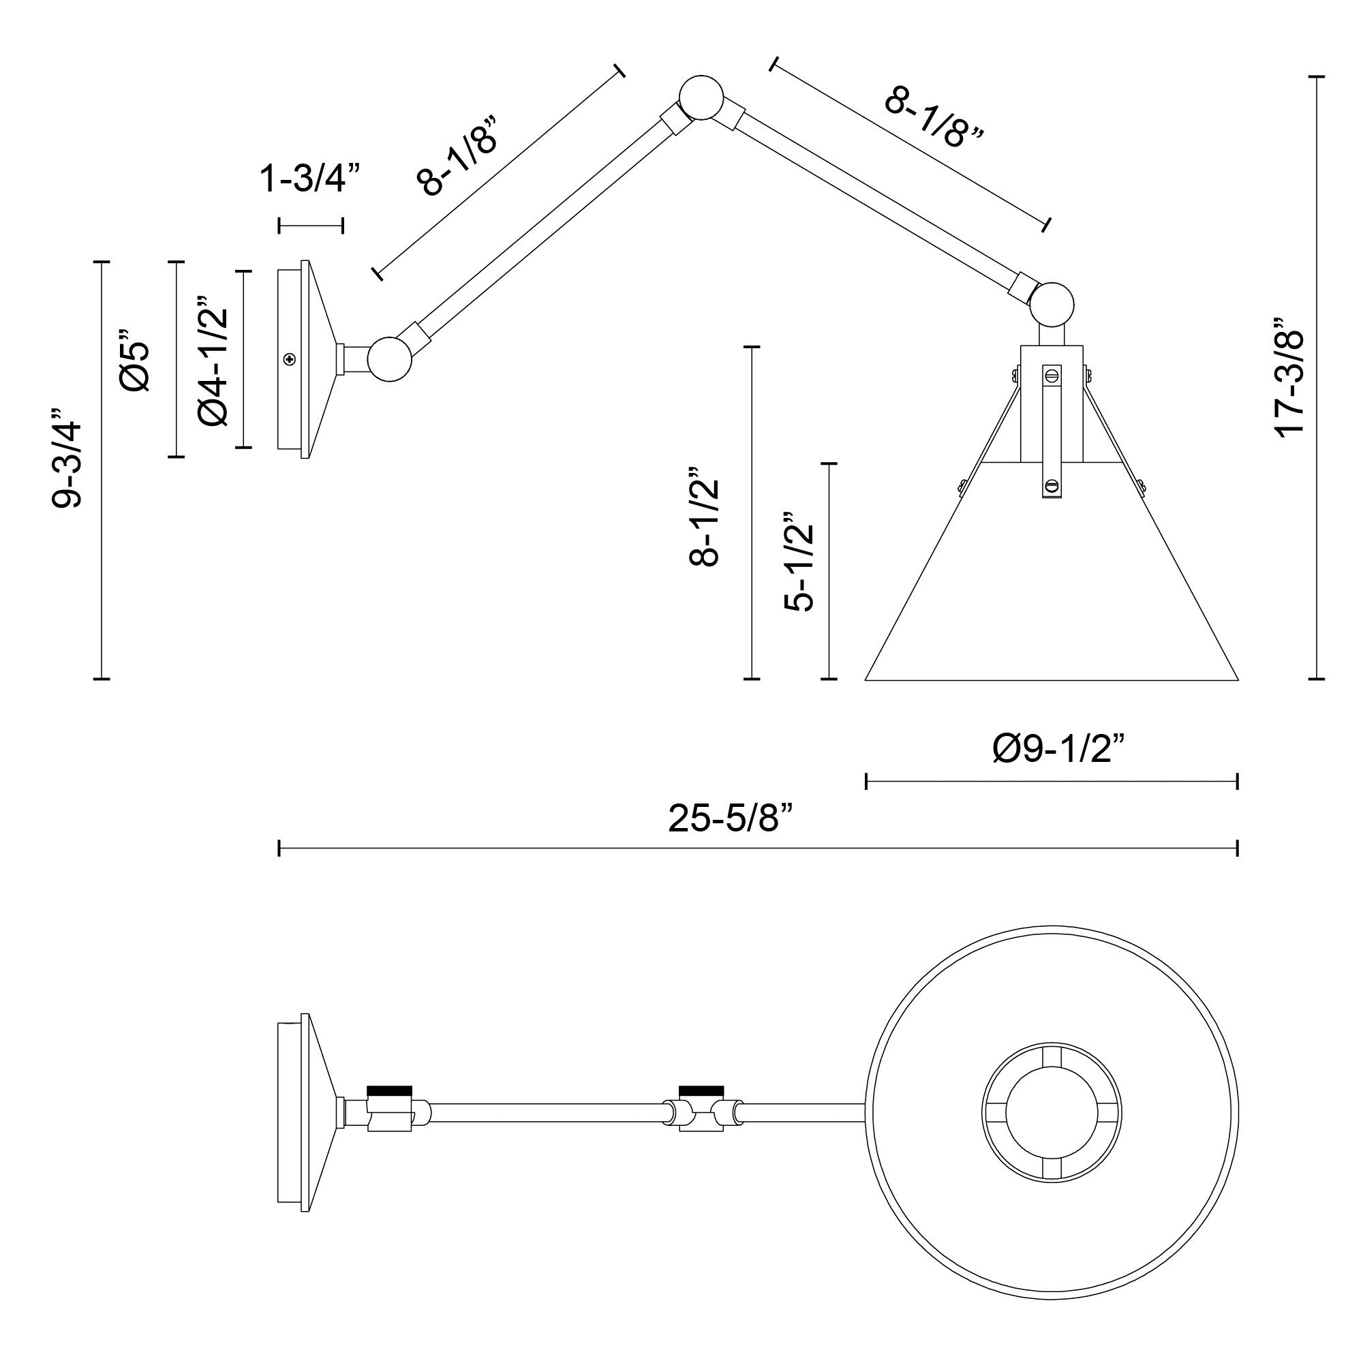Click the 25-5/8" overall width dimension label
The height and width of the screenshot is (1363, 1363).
pos(730,819)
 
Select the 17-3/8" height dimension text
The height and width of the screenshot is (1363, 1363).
pos(1290,378)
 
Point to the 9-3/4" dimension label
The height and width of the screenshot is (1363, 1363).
pos(68,457)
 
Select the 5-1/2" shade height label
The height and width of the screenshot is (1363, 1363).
pos(799,562)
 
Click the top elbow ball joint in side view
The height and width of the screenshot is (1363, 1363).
pos(701,97)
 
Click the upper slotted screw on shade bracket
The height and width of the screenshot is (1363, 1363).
pos(1052,375)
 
